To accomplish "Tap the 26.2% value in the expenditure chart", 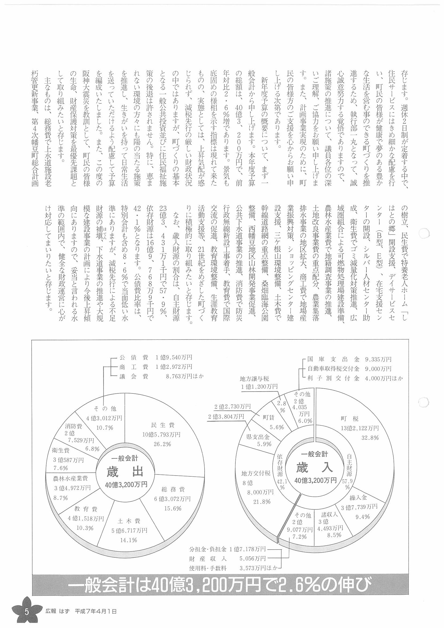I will (162, 444).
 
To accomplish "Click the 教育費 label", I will (86, 509).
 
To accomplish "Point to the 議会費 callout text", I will (134, 376).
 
